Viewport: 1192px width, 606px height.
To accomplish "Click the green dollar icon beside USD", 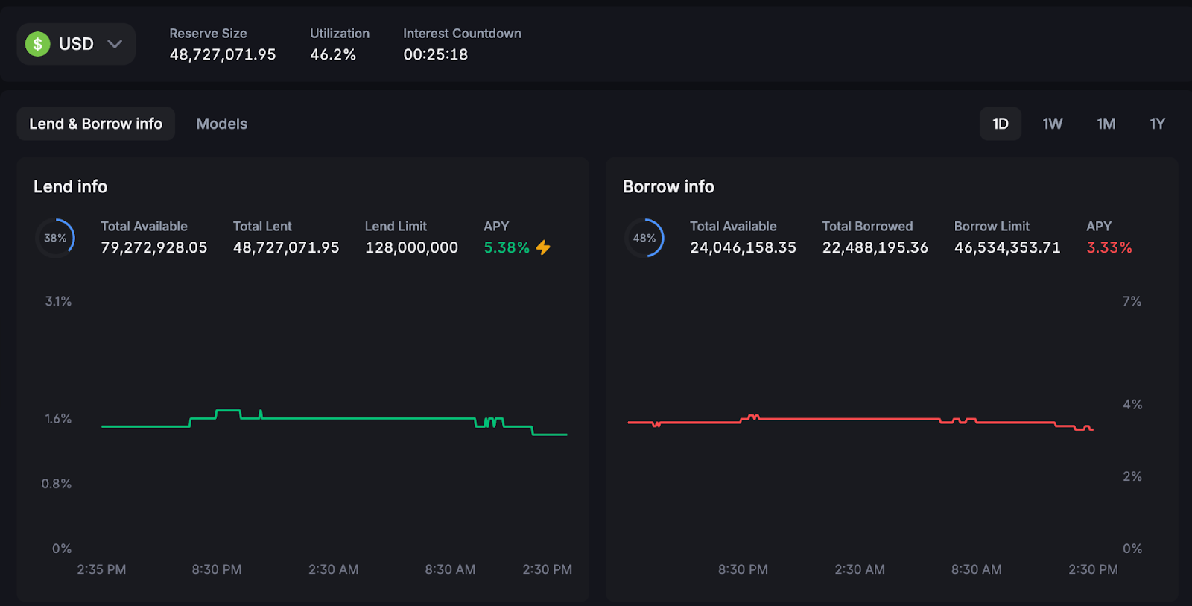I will pyautogui.click(x=38, y=44).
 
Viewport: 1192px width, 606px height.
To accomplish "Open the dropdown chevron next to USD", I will pyautogui.click(x=115, y=44).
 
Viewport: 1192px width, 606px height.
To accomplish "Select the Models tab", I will pyautogui.click(x=221, y=124).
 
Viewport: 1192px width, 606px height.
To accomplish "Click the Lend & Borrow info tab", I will pyautogui.click(x=95, y=124).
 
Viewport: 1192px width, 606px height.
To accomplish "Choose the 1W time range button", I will pyautogui.click(x=1052, y=124).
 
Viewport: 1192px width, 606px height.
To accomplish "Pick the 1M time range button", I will pyautogui.click(x=1106, y=124).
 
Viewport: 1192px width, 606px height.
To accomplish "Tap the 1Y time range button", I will pyautogui.click(x=1157, y=124).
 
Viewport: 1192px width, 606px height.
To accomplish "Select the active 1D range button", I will pyautogui.click(x=1000, y=124).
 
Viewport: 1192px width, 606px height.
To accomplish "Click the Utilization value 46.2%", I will pyautogui.click(x=333, y=54).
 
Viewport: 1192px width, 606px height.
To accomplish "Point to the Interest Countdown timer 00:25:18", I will pyautogui.click(x=436, y=54).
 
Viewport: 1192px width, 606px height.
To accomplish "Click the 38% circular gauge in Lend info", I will pyautogui.click(x=55, y=238).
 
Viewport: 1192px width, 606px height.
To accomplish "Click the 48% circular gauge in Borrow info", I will pyautogui.click(x=644, y=238).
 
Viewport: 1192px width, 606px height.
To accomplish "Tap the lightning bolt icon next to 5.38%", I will pyautogui.click(x=543, y=247).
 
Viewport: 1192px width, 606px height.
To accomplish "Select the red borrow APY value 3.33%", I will pyautogui.click(x=1109, y=247).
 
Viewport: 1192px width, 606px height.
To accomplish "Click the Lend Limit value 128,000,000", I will pyautogui.click(x=411, y=247).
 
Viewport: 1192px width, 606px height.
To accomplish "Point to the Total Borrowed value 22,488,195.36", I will pyautogui.click(x=875, y=247).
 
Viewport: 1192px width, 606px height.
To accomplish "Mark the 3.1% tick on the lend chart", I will pyautogui.click(x=58, y=301).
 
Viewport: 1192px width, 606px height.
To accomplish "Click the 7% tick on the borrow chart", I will pyautogui.click(x=1132, y=301).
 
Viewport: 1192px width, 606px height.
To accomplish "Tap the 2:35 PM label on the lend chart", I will pyautogui.click(x=101, y=569).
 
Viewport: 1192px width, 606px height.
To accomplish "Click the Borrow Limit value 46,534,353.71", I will pyautogui.click(x=1006, y=247).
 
